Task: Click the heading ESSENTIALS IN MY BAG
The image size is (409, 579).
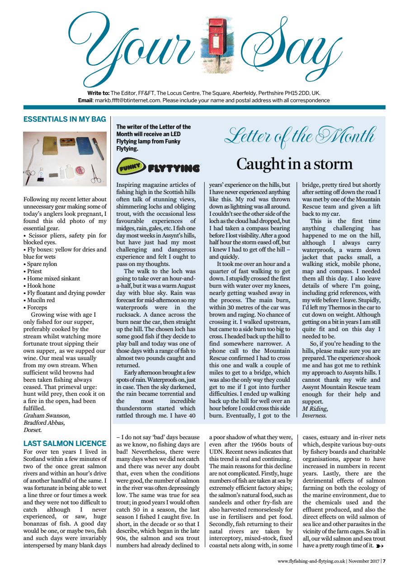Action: (x=64, y=119)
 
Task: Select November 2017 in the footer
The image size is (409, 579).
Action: (x=364, y=562)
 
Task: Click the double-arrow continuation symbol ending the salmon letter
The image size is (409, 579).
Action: (x=379, y=547)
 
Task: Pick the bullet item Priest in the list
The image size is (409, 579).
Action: (x=36, y=271)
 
